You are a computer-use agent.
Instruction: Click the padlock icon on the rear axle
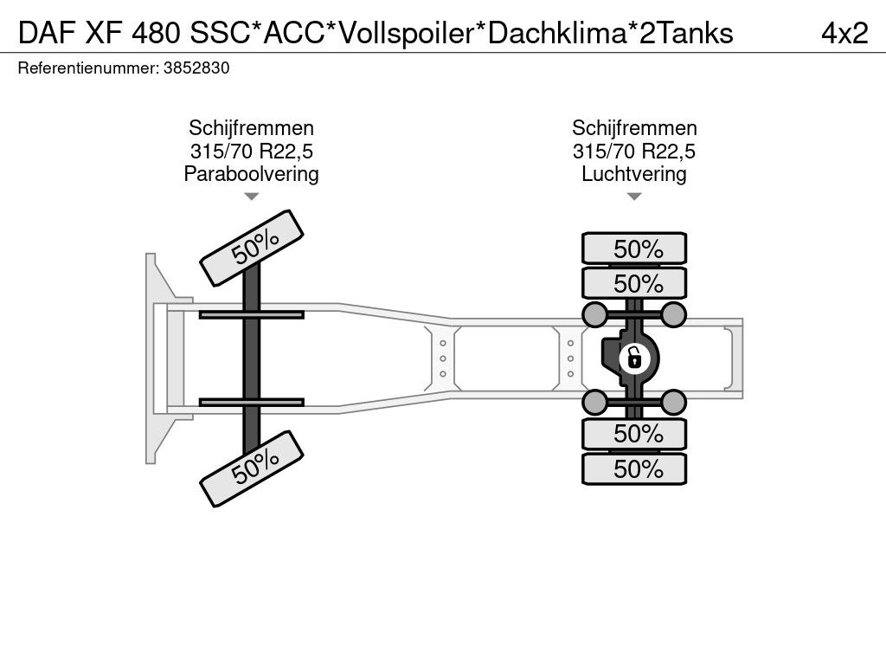pos(634,356)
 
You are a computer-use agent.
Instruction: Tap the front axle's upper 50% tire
pos(253,248)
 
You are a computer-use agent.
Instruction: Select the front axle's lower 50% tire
pos(253,468)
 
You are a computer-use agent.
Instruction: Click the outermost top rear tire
pos(634,249)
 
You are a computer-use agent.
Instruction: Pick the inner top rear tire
pos(634,283)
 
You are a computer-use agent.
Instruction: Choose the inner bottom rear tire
pos(634,433)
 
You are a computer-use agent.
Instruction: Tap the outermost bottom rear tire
pos(634,469)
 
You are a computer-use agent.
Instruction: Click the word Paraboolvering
pos(251,174)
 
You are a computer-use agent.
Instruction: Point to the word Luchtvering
pos(634,174)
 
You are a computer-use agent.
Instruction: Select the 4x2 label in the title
pos(844,33)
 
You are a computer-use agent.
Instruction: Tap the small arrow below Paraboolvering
pos(251,197)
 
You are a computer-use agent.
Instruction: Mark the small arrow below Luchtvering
pos(634,197)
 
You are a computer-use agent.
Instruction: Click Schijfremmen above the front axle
pos(251,129)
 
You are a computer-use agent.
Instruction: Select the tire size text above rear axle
pos(634,152)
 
